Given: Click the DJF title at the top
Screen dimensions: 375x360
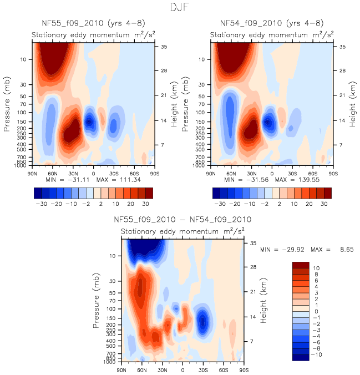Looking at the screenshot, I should (x=180, y=8).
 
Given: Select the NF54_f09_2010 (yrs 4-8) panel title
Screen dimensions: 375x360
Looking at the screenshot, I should (x=272, y=24).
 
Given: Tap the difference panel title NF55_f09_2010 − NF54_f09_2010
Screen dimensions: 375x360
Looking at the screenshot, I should (x=182, y=220).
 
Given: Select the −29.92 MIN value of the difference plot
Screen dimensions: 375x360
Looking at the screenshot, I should (x=293, y=251).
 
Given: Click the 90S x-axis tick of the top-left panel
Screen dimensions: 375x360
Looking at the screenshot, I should (x=154, y=173).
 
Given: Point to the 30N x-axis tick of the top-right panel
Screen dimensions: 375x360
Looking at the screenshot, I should (x=251, y=173).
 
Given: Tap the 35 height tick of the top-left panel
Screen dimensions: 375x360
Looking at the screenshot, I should (x=165, y=47).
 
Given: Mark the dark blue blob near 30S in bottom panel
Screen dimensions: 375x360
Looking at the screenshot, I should (x=203, y=320).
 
